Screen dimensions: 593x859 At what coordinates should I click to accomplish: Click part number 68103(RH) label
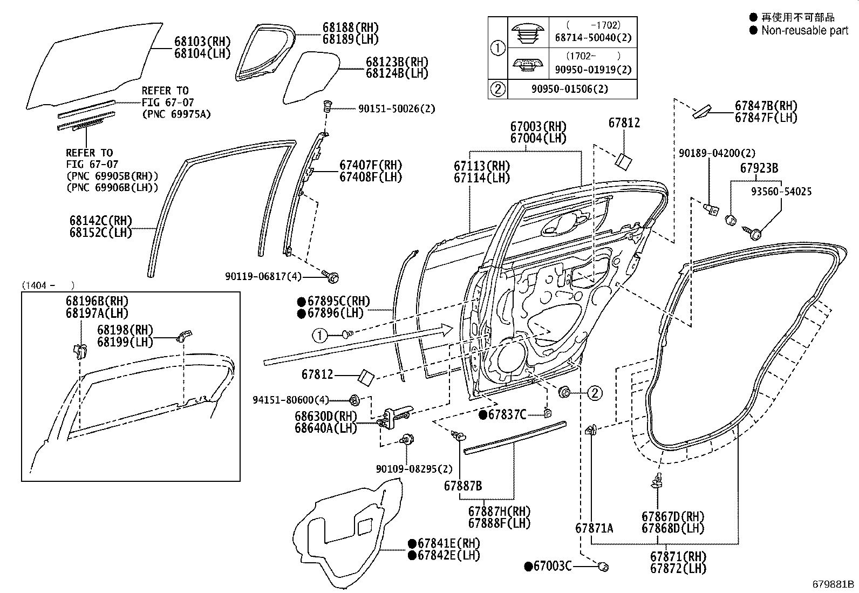click(x=202, y=42)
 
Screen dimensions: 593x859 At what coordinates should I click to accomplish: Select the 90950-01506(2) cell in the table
click(x=572, y=89)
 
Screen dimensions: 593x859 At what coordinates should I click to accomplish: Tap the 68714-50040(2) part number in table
click(x=593, y=38)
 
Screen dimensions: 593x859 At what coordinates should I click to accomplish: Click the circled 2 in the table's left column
click(x=497, y=89)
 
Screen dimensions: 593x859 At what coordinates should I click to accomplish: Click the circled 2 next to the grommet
click(x=594, y=393)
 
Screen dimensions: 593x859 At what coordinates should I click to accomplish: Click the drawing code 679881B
click(x=834, y=584)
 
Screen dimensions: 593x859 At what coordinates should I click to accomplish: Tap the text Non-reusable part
click(x=805, y=31)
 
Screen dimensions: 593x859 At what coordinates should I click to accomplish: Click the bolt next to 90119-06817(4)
click(x=332, y=277)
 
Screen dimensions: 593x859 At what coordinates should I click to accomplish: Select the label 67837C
click(x=507, y=414)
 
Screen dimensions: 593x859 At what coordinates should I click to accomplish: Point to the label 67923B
click(x=759, y=168)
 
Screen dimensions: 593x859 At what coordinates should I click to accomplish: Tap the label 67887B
click(x=463, y=486)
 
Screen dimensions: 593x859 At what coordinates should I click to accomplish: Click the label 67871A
click(x=594, y=528)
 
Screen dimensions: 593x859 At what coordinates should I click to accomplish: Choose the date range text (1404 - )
click(x=47, y=285)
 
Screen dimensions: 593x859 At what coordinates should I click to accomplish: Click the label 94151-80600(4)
click(x=290, y=400)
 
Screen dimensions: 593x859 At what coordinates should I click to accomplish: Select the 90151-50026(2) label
click(x=397, y=108)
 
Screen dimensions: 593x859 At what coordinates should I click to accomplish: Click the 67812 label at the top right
click(x=624, y=123)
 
